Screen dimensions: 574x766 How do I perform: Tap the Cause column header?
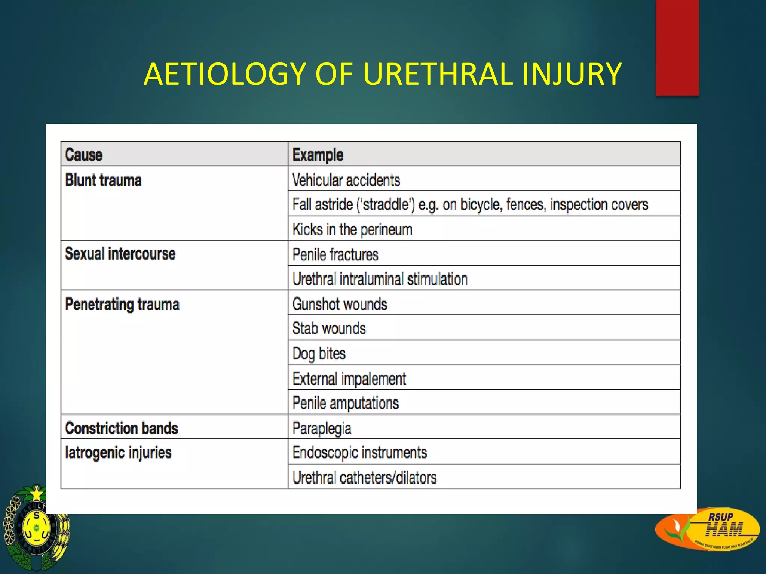[83, 155]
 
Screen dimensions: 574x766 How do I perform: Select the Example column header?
[318, 155]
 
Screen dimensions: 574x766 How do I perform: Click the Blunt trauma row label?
[103, 180]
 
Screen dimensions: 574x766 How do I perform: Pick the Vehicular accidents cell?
[346, 180]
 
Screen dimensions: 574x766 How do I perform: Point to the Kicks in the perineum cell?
[352, 229]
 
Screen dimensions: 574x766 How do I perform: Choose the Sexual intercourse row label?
[120, 254]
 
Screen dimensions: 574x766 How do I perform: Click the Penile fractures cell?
[335, 254]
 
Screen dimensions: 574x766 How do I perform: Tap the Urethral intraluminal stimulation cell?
[380, 279]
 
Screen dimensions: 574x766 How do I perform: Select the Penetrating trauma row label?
[122, 304]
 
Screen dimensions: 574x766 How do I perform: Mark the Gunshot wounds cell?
[340, 304]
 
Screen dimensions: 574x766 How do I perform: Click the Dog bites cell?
[319, 354]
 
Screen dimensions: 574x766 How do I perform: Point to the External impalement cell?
[349, 379]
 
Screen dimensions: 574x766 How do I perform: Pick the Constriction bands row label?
[121, 428]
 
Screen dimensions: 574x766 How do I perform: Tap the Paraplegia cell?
[322, 428]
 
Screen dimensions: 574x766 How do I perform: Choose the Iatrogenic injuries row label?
[118, 453]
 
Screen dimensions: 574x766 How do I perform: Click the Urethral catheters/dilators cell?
[364, 478]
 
